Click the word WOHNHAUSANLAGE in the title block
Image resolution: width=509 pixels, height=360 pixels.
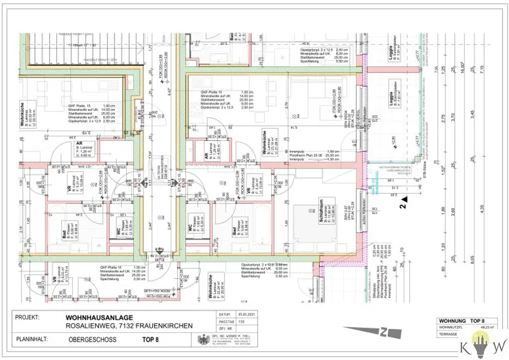click(99, 317)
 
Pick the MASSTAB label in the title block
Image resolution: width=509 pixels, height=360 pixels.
click(226, 322)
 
